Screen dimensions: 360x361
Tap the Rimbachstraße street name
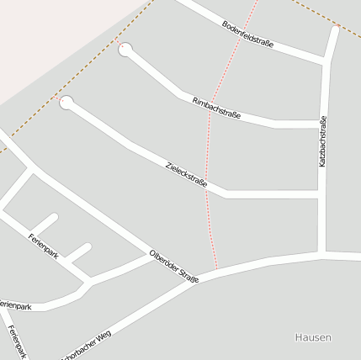pos(217,109)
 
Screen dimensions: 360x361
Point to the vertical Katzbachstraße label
pos(322,141)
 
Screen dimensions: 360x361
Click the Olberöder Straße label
pos(173,266)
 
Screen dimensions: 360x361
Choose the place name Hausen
pos(313,337)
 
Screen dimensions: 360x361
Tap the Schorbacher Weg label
pos(85,347)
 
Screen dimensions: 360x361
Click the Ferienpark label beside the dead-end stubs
pos(43,246)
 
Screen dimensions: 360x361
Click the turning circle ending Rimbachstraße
pos(125,50)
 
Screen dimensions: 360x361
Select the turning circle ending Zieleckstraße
pos(66,103)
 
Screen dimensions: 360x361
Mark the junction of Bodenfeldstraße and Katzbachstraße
pos(326,61)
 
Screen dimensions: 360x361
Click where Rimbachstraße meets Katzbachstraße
pos(322,124)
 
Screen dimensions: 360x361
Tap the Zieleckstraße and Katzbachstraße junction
pos(322,194)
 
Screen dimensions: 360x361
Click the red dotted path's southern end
pos(217,269)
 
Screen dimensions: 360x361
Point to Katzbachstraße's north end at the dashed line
pos(336,27)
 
